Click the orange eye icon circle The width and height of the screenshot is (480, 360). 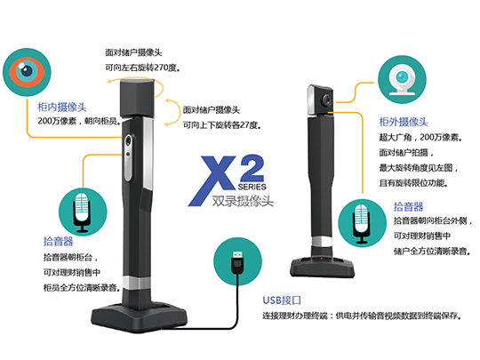27,72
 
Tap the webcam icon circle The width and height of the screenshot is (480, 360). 402,80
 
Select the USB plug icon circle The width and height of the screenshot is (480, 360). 238,261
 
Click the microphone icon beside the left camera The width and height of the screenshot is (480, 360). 83,212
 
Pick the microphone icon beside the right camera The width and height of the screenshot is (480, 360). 363,223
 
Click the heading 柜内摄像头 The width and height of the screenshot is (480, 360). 62,108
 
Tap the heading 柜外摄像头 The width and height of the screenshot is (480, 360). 404,122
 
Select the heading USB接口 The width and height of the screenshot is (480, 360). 282,300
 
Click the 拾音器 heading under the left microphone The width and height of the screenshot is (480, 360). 58,241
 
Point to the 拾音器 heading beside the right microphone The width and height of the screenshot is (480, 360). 409,206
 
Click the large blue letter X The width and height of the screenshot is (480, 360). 212,180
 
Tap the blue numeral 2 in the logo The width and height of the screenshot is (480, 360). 252,168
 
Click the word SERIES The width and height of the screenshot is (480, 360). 252,187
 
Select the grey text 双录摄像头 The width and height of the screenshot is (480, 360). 243,201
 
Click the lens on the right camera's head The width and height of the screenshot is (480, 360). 327,100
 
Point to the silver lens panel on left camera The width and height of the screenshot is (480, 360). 128,157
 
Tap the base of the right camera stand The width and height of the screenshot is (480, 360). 322,268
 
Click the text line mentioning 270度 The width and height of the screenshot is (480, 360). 142,68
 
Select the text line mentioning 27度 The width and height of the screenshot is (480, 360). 222,125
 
